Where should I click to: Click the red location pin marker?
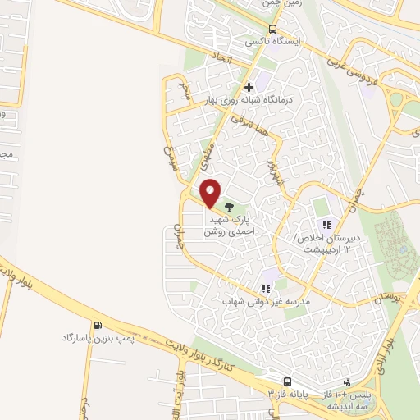pyautogui.click(x=211, y=192)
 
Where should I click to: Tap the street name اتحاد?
pyautogui.click(x=222, y=58)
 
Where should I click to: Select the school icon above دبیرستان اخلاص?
pyautogui.click(x=326, y=224)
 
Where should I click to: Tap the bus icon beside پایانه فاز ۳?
pyautogui.click(x=287, y=381)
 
